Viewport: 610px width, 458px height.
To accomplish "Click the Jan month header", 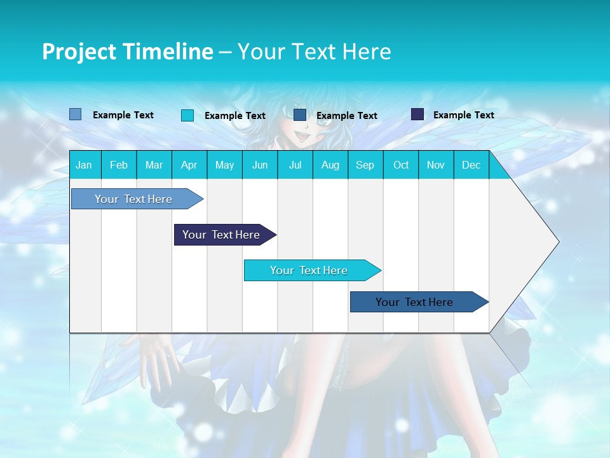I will pos(84,165).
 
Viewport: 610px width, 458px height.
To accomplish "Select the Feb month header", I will pos(119,165).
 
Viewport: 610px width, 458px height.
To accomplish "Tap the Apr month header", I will pos(189,165).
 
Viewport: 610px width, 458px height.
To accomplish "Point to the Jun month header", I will pos(260,165).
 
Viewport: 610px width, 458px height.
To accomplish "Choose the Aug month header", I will pos(330,165).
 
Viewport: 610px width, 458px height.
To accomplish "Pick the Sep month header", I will pos(365,165).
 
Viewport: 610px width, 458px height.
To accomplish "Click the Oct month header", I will pos(401,165).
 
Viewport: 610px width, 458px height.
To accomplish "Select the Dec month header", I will pos(471,165).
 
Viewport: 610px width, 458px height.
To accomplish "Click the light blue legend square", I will pos(76,114).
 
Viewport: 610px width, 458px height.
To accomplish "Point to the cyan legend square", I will pos(187,115).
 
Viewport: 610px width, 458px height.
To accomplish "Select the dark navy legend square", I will pos(417,114).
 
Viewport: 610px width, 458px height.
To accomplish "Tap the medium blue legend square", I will pos(300,114).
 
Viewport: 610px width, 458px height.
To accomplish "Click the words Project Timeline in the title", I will pos(127,52).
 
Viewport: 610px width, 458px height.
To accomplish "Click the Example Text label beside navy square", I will pos(463,115).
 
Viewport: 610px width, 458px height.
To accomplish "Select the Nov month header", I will pos(436,165).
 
